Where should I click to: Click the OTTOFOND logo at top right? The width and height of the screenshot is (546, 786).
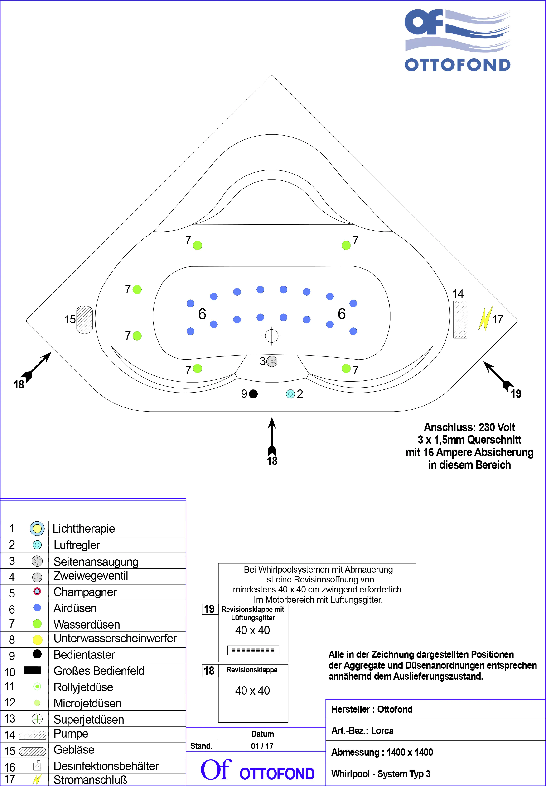click(x=457, y=40)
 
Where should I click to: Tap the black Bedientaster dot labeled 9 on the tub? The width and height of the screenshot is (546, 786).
click(x=253, y=394)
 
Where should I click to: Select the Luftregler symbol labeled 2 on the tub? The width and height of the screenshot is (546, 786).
click(x=290, y=394)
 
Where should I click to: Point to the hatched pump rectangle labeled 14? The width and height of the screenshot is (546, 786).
click(x=460, y=320)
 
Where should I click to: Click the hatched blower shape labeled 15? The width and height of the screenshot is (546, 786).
click(x=84, y=320)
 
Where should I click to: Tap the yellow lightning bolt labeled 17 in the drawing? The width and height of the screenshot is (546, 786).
click(x=485, y=318)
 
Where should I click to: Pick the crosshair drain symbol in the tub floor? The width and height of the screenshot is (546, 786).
click(x=272, y=336)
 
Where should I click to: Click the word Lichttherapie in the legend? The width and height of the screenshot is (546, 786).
click(x=84, y=529)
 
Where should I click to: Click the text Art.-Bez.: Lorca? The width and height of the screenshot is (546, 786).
click(x=362, y=731)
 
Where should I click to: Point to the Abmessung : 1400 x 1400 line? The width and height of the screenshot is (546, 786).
click(x=382, y=752)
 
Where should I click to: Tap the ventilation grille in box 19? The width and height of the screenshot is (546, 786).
click(x=253, y=650)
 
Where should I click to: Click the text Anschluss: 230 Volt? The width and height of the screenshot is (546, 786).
click(x=469, y=427)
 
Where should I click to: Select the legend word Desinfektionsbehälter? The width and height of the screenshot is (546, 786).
click(x=106, y=766)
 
